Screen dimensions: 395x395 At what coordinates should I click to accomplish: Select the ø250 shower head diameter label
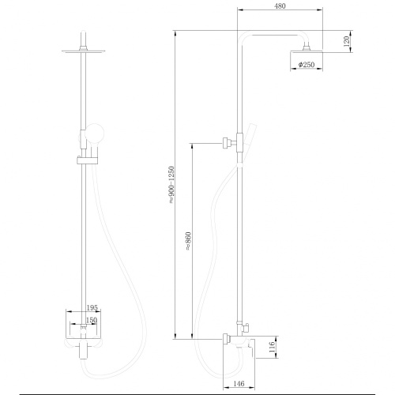[306, 64]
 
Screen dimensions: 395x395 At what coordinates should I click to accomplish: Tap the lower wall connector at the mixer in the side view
[228, 340]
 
